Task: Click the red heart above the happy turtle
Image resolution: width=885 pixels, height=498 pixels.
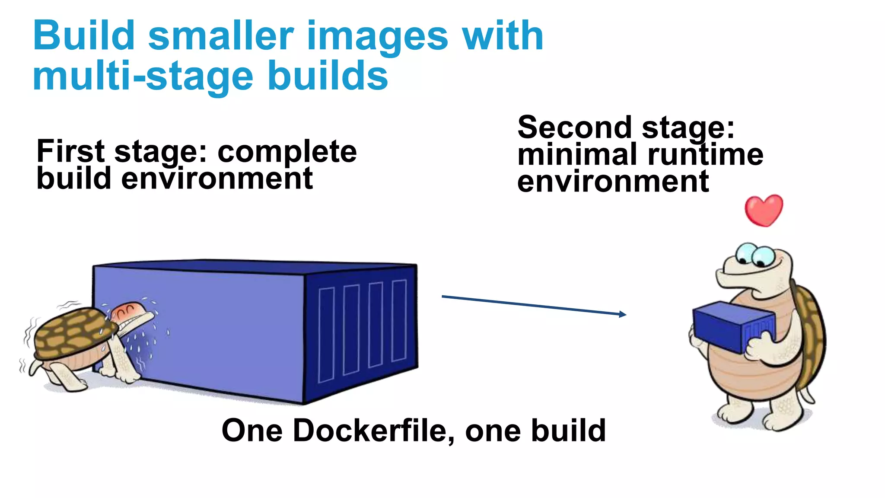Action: [764, 210]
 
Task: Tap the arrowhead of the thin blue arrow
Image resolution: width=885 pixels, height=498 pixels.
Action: [623, 314]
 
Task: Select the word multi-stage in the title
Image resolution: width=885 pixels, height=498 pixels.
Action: [143, 76]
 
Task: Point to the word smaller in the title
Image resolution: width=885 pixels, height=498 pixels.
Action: [221, 36]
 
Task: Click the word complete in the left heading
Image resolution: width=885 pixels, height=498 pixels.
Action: [287, 152]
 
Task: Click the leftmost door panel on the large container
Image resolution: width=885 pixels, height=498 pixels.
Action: [326, 335]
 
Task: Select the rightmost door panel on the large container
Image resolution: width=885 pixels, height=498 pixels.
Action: [399, 320]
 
